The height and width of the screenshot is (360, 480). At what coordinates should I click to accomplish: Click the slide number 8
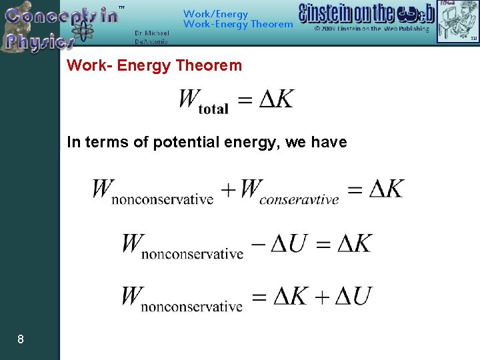21,339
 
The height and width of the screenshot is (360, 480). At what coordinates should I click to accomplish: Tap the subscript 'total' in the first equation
213,109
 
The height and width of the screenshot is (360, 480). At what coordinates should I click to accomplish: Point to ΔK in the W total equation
275,99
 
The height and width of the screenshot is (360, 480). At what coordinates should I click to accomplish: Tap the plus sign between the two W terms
228,189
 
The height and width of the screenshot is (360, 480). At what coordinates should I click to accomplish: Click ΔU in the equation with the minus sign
289,244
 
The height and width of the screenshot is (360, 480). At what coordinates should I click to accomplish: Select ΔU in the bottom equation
353,296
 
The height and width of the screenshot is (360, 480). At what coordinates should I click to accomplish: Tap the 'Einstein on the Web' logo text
366,13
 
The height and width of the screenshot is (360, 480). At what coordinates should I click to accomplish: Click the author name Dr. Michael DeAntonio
151,37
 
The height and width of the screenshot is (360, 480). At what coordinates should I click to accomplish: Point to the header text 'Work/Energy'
215,13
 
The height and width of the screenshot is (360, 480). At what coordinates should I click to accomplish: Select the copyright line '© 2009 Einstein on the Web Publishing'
371,29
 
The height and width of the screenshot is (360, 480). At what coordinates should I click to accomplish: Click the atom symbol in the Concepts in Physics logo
83,31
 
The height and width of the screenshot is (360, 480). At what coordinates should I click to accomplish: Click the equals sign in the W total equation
245,100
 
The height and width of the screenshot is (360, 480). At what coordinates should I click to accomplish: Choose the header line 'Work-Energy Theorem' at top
237,25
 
